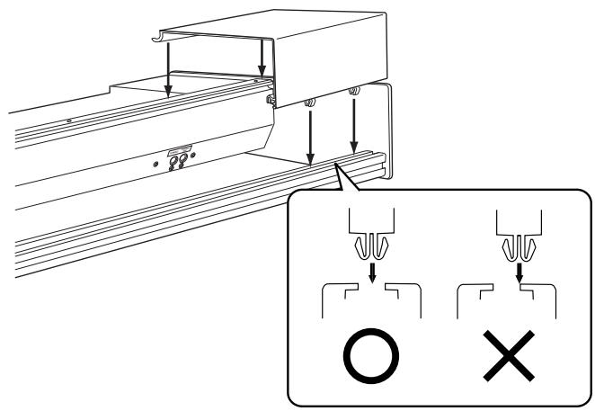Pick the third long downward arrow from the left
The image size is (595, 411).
coord(309,135)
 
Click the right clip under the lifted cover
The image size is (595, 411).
coord(354,90)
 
